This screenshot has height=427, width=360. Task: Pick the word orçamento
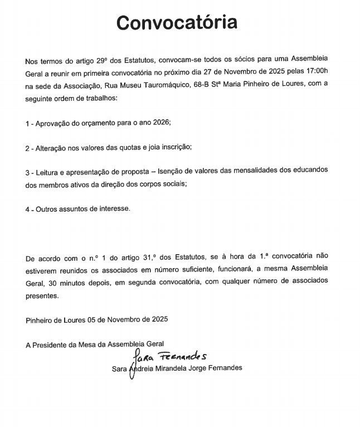pyautogui.click(x=96, y=122)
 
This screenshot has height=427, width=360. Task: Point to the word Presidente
pyautogui.click(x=52, y=344)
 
